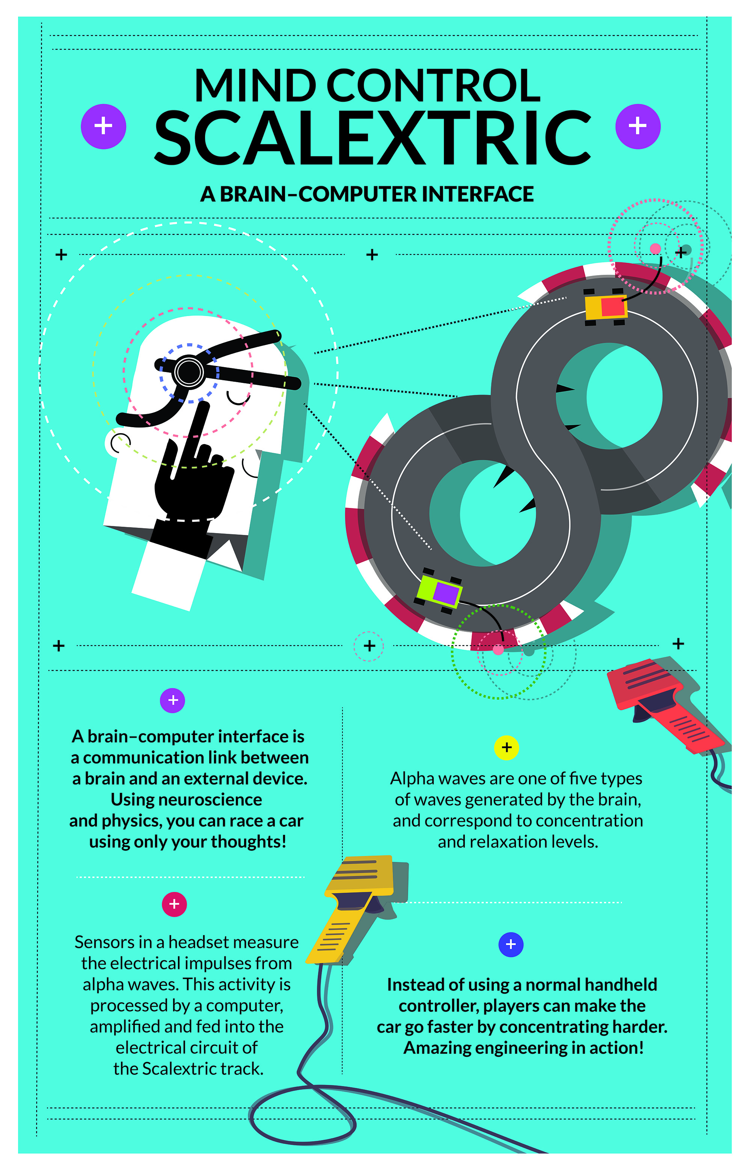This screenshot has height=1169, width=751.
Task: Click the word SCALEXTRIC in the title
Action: (373, 137)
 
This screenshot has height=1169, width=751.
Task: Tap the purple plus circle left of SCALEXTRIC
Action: (103, 126)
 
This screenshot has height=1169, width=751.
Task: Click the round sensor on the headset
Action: (189, 372)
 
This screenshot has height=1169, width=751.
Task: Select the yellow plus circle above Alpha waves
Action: (506, 747)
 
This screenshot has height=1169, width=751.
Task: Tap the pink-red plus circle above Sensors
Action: (174, 904)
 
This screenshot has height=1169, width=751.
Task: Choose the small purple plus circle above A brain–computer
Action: (173, 700)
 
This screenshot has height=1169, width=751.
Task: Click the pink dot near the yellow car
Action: (655, 249)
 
